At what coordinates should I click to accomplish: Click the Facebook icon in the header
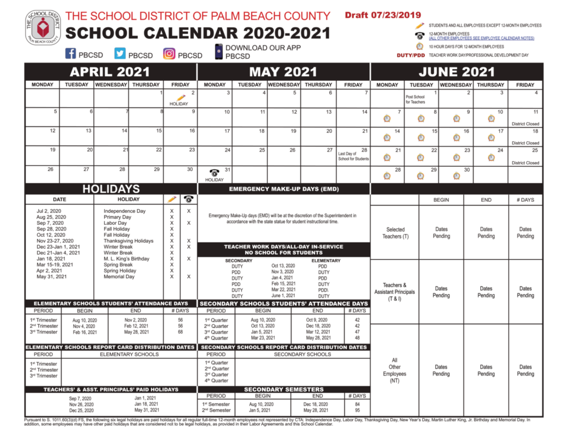[x=70, y=54]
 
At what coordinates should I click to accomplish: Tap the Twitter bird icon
[x=120, y=54]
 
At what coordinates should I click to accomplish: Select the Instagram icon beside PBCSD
[x=169, y=54]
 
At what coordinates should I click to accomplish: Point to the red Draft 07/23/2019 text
[x=382, y=15]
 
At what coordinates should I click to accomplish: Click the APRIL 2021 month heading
[x=110, y=72]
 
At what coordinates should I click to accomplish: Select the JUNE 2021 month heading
[x=457, y=72]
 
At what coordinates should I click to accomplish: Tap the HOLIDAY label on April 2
[x=178, y=104]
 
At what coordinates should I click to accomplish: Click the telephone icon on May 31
[x=214, y=172]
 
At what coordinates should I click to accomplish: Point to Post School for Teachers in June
[x=415, y=99]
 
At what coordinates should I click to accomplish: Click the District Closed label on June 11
[x=525, y=124]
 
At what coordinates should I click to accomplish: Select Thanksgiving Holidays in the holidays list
[x=128, y=241]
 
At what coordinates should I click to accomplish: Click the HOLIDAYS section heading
[x=111, y=189]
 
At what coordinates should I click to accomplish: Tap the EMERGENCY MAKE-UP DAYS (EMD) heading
[x=283, y=189]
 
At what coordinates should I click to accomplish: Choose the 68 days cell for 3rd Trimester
[x=180, y=332]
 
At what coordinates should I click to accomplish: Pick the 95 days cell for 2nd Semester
[x=357, y=410]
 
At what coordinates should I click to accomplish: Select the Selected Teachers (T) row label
[x=395, y=233]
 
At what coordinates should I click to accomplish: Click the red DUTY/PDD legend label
[x=411, y=55]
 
